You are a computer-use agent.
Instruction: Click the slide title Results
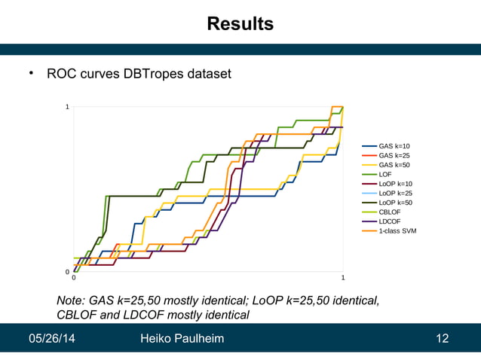coord(240,24)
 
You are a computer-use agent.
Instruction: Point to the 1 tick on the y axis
coord(67,107)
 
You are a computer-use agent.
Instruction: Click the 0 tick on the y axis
coord(67,272)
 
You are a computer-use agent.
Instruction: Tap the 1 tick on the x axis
coord(343,279)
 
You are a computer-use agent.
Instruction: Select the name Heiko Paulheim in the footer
coord(182,339)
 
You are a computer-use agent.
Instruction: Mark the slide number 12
coord(443,339)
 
